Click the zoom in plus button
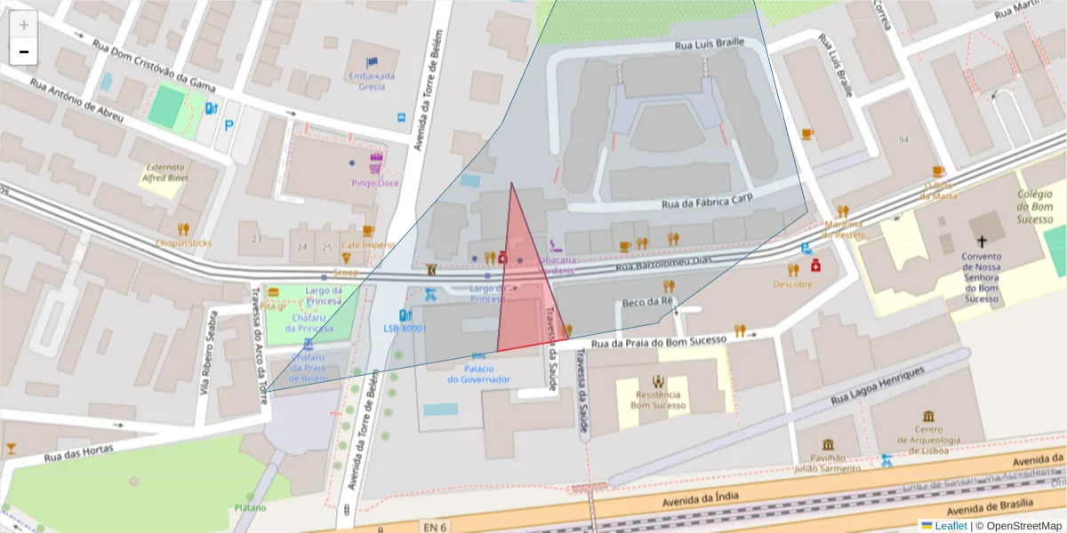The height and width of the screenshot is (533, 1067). (24, 25)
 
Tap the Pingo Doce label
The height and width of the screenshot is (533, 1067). (374, 183)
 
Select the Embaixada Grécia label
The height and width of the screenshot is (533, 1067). (372, 81)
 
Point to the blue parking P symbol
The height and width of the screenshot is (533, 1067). (229, 126)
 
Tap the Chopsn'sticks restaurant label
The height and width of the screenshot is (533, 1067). (183, 243)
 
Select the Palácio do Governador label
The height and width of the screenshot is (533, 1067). (478, 374)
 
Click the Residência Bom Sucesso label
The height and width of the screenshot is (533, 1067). (658, 400)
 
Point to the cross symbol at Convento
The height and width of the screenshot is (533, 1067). (982, 241)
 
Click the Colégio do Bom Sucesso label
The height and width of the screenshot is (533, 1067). (1035, 206)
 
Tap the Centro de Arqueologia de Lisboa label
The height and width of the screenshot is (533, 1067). (928, 439)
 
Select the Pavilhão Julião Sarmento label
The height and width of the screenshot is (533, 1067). (828, 462)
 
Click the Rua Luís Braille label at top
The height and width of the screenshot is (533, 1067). (708, 44)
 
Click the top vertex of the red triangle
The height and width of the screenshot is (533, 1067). (511, 184)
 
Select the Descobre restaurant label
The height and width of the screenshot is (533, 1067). (792, 284)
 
